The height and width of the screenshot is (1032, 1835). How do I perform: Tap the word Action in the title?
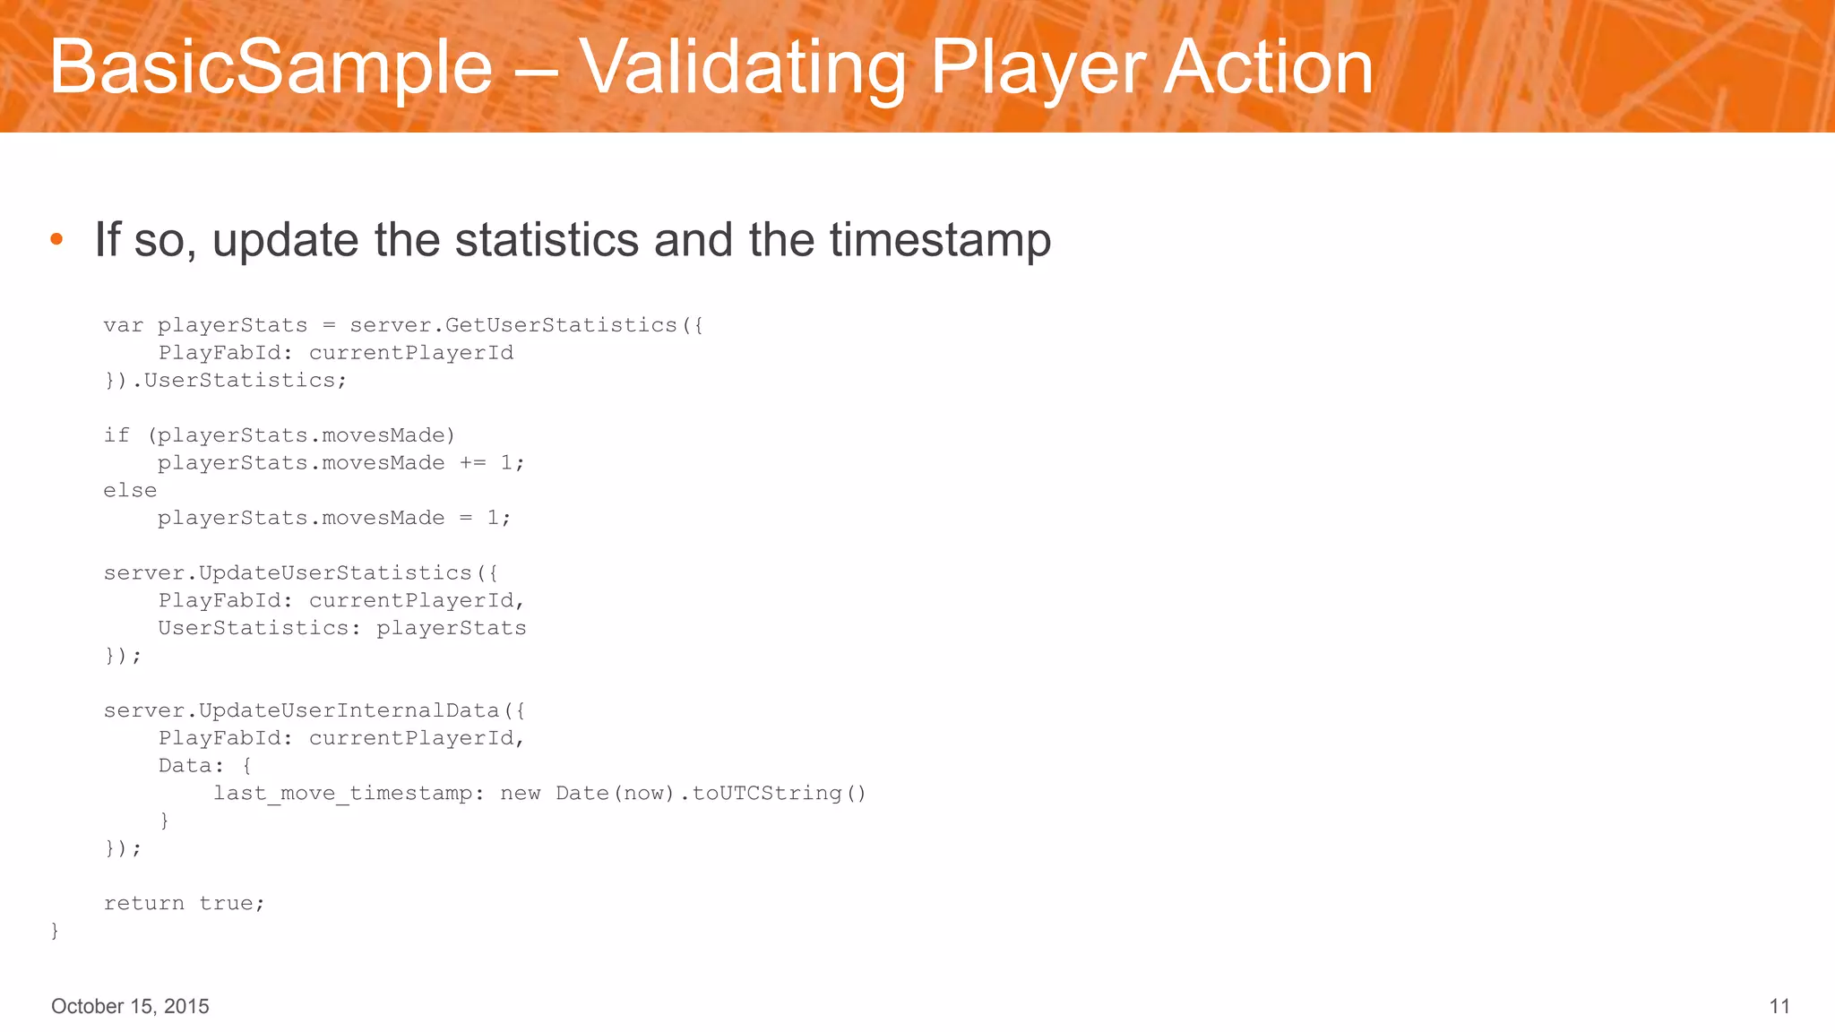pyautogui.click(x=1268, y=67)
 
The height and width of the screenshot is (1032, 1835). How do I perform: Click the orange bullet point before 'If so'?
pyautogui.click(x=56, y=238)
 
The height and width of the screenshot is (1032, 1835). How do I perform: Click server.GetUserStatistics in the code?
pyautogui.click(x=513, y=325)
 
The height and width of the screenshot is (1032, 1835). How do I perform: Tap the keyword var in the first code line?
pyautogui.click(x=123, y=325)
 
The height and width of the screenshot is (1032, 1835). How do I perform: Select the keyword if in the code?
pyautogui.click(x=116, y=435)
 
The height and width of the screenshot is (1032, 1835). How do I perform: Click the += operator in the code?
pyautogui.click(x=472, y=463)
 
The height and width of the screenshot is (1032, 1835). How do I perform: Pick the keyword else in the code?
pyautogui.click(x=130, y=491)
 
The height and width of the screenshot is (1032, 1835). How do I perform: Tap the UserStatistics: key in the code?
pyautogui.click(x=259, y=628)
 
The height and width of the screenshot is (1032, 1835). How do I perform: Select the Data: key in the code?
pyautogui.click(x=191, y=766)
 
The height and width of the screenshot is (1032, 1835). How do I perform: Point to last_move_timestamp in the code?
pyautogui.click(x=343, y=794)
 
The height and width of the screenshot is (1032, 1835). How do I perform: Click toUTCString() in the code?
pyautogui.click(x=778, y=794)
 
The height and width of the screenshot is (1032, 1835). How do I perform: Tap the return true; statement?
pyautogui.click(x=184, y=904)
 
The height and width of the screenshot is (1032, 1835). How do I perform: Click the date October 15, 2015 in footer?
pyautogui.click(x=130, y=1006)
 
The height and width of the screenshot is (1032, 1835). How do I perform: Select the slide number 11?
pyautogui.click(x=1779, y=1006)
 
